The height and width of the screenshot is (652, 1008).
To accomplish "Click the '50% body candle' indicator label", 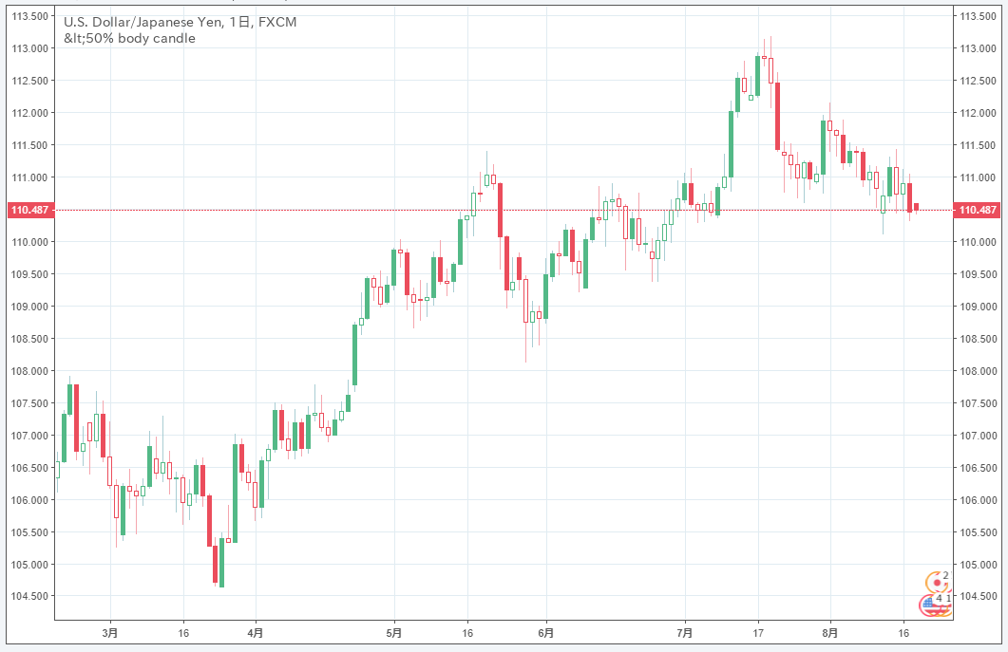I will click(x=129, y=38).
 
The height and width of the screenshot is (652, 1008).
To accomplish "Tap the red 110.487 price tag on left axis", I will click(x=29, y=210).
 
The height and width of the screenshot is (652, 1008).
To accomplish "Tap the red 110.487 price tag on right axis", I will click(x=979, y=210).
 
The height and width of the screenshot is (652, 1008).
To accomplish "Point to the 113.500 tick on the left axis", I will click(x=29, y=16).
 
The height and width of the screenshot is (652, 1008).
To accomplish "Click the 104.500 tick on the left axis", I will click(x=29, y=597).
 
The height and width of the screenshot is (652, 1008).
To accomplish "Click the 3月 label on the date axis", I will click(x=111, y=632).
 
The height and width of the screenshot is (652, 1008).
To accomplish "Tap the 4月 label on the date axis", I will click(x=255, y=632).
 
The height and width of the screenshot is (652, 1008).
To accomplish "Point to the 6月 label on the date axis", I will click(x=545, y=632).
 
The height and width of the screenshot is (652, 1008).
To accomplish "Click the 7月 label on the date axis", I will click(x=685, y=632).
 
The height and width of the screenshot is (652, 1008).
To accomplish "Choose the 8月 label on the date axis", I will click(x=830, y=632).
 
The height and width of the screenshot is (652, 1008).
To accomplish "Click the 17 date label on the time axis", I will click(x=758, y=632).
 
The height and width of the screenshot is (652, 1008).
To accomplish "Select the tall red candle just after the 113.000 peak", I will click(x=777, y=116).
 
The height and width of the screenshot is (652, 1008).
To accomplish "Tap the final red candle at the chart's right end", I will click(x=916, y=206).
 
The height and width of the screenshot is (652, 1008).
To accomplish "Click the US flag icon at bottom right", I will click(x=929, y=604).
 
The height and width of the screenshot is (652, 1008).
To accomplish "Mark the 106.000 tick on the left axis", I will click(x=29, y=500).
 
